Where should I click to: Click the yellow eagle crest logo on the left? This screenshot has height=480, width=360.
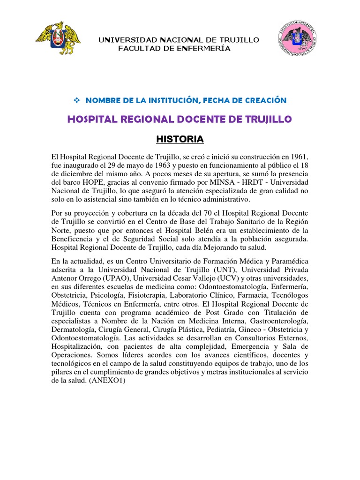coord(59,37)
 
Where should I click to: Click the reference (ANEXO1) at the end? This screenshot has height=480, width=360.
coord(106,381)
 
